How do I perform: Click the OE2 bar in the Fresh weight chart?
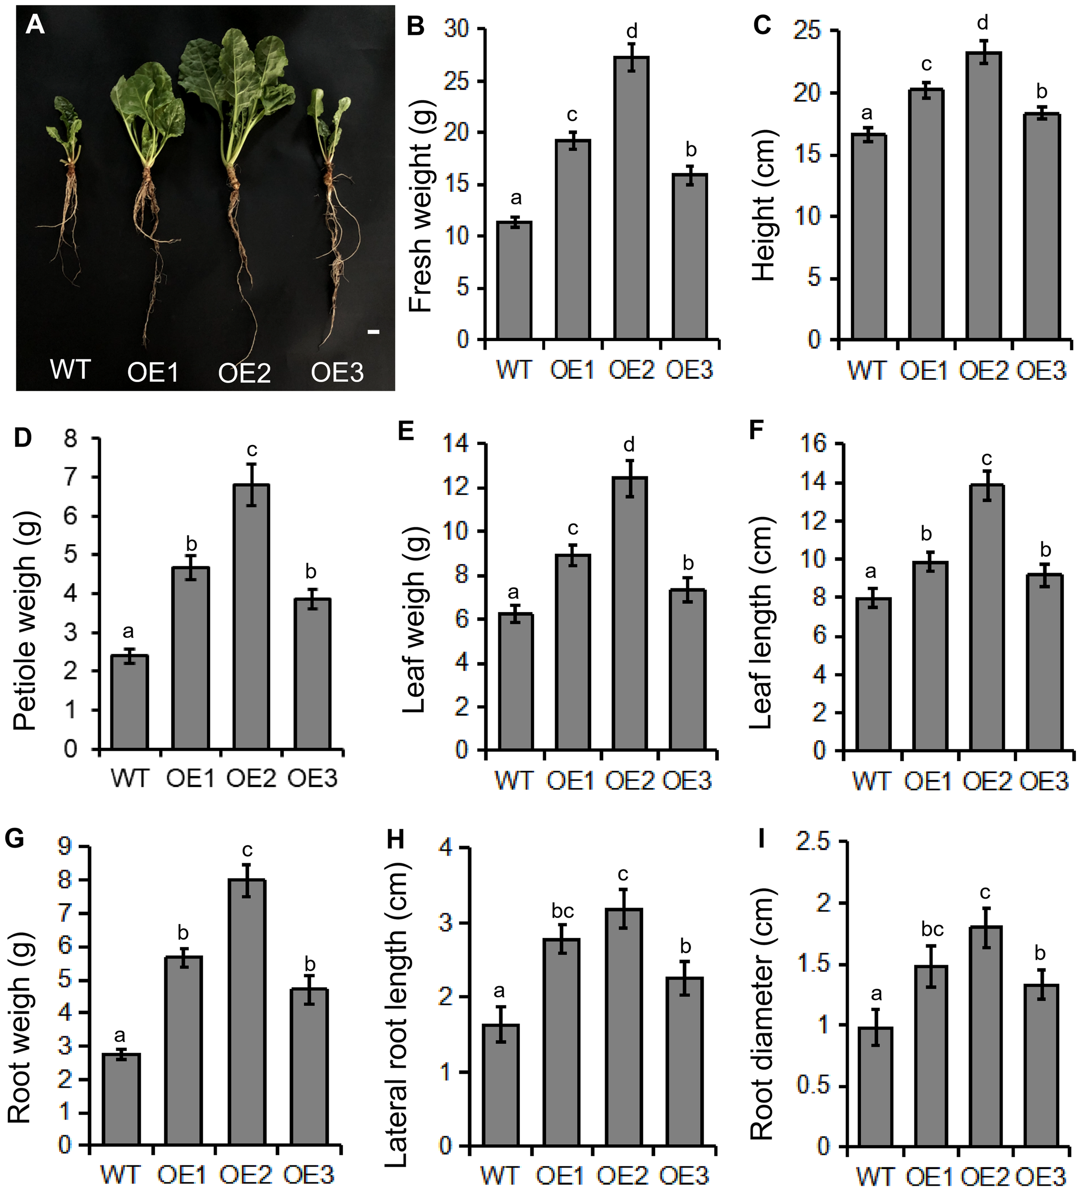[631, 198]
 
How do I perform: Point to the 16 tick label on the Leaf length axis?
[813, 444]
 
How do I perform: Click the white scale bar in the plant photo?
[374, 333]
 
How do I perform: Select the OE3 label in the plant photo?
[337, 372]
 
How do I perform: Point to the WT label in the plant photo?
[70, 370]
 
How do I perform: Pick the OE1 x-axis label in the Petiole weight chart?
[189, 778]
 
